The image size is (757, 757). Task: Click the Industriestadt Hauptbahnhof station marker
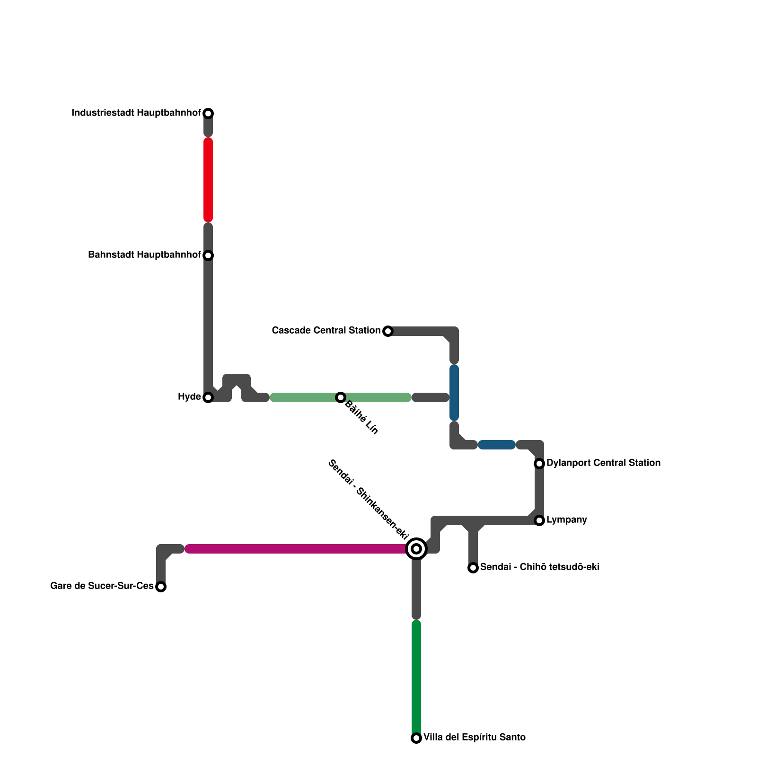208,114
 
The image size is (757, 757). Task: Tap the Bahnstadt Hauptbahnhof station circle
208,255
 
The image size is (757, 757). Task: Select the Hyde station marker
208,397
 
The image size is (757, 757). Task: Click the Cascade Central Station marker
388,331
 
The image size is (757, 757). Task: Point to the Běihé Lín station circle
341,397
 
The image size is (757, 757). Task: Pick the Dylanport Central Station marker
539,464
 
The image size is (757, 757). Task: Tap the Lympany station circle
539,520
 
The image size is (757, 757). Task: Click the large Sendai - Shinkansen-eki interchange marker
416,549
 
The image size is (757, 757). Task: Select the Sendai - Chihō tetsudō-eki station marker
473,568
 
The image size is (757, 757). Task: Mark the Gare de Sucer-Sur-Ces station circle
161,587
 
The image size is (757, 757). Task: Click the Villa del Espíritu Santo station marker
416,738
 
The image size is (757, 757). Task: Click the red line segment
208,180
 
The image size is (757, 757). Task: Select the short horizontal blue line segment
496,445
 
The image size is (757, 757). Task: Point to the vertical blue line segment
454,393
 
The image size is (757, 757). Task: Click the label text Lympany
566,520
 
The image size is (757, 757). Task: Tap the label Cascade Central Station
326,330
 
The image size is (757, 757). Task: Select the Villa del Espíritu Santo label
474,737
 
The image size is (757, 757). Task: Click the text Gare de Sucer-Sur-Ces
102,586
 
